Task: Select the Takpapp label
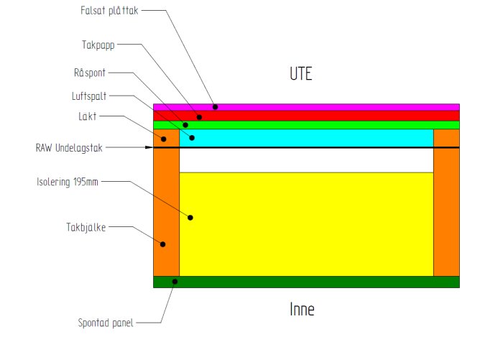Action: click(98, 44)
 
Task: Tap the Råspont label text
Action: click(91, 73)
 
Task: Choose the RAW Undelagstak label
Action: click(70, 148)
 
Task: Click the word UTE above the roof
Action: click(300, 73)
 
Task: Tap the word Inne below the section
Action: click(302, 310)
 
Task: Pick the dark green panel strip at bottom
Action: click(306, 282)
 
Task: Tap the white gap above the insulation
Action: click(306, 161)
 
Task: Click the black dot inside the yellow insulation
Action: click(191, 217)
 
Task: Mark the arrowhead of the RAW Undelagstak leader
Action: click(149, 148)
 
